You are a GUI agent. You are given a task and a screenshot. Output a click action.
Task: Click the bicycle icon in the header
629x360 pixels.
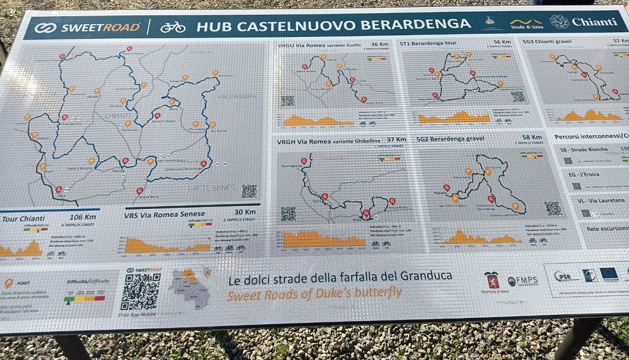173,26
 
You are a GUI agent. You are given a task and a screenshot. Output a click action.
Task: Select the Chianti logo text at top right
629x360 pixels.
594,22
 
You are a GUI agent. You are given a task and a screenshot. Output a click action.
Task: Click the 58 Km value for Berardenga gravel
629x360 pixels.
532,137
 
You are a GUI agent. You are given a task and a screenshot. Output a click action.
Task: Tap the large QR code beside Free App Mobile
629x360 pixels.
140,292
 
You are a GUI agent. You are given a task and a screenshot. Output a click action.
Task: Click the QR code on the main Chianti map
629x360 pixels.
249,191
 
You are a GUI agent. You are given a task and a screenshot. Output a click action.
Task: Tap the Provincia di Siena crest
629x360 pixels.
492,279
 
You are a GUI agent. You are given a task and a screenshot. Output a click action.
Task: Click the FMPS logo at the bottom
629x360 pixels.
523,281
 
